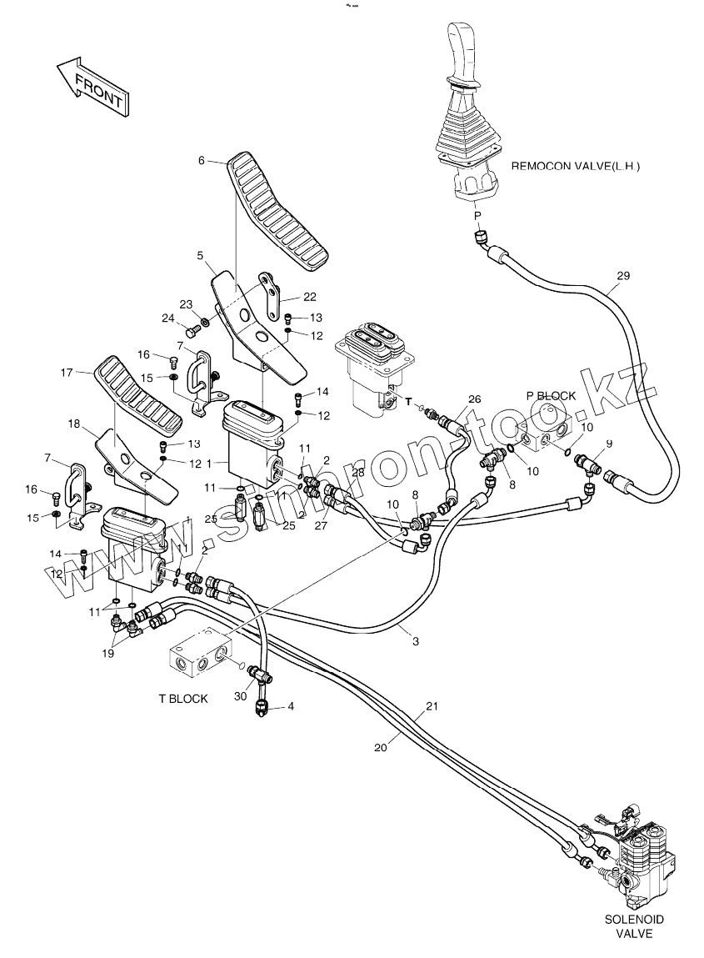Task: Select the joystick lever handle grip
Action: [x=462, y=50]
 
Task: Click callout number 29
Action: [x=624, y=276]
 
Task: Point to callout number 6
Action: [x=202, y=161]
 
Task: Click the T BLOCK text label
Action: [x=183, y=698]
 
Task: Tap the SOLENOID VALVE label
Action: [x=634, y=925]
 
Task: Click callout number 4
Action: [x=291, y=706]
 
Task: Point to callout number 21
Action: [x=432, y=706]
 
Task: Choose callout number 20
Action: [x=381, y=748]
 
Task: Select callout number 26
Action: [x=475, y=399]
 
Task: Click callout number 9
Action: [x=609, y=443]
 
